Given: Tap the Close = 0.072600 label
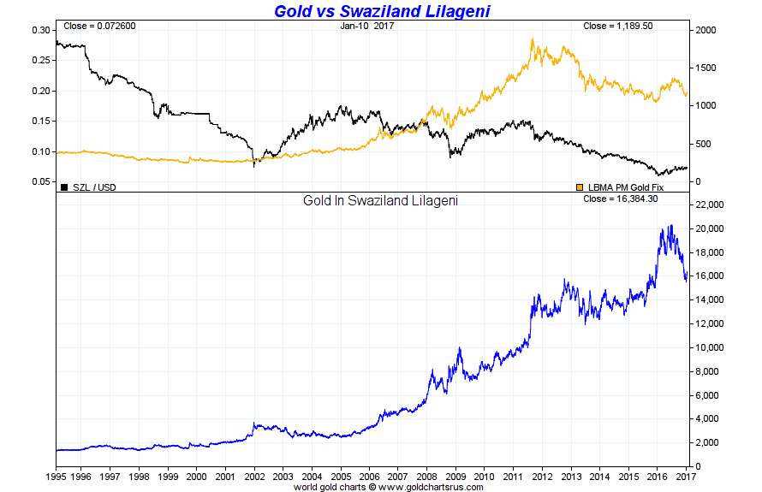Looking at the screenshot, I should (99, 26).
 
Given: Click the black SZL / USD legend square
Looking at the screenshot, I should (64, 186).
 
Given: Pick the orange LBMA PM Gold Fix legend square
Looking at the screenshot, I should (579, 186).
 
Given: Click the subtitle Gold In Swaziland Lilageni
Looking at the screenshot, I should (380, 202).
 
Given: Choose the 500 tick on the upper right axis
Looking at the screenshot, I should (705, 144).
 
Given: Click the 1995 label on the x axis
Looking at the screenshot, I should (56, 476).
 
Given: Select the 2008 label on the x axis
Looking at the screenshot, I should (427, 476).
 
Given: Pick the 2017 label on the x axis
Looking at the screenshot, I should (686, 476).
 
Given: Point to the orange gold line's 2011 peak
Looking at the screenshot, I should (533, 39).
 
